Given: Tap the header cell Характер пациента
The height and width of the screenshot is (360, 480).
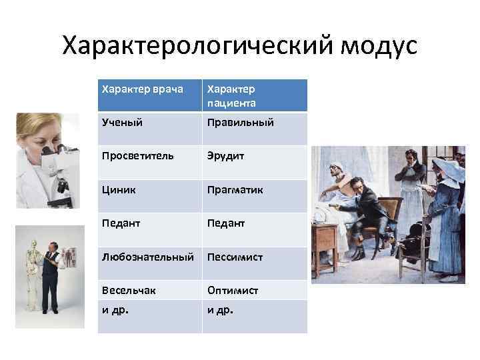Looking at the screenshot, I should (x=231, y=95).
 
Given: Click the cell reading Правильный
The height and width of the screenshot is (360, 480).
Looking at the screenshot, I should (x=241, y=123).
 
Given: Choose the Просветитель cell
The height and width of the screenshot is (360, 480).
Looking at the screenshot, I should (x=138, y=156).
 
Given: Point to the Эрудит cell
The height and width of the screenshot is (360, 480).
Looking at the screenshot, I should (x=226, y=156).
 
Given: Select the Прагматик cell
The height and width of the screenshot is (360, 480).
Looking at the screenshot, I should (x=235, y=190).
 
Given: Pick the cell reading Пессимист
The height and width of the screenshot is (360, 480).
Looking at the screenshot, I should (x=235, y=257).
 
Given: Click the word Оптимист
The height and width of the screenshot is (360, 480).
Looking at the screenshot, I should (x=233, y=291).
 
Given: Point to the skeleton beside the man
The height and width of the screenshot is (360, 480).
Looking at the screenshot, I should (x=33, y=267).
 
